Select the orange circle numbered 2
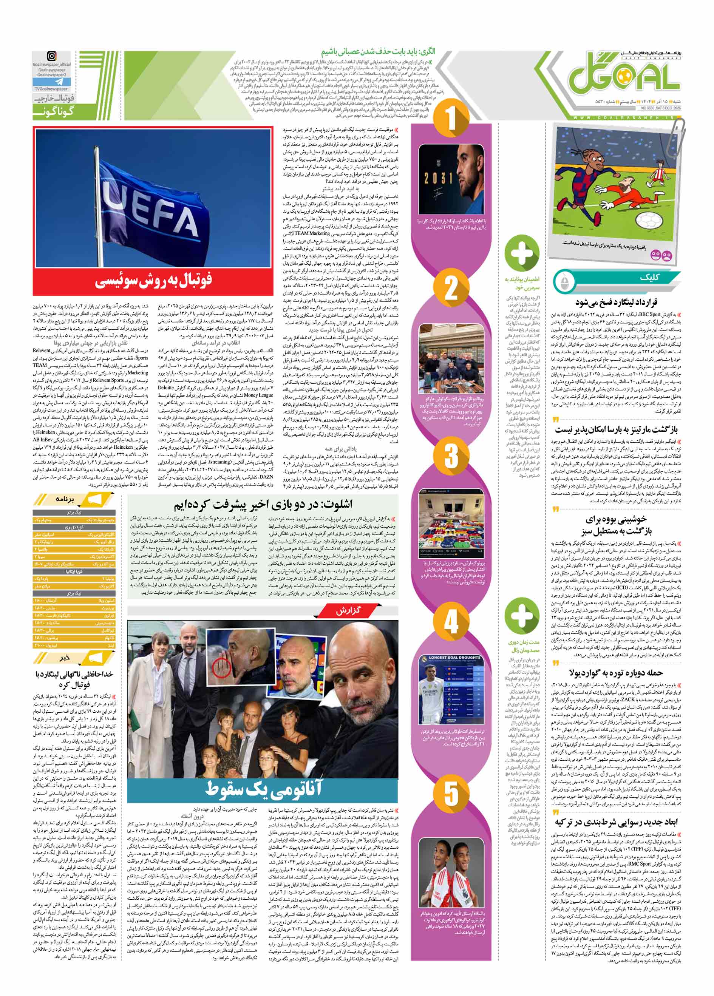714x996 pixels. pyautogui.click(x=451, y=288)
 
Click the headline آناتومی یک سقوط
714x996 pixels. pyautogui.click(x=263, y=788)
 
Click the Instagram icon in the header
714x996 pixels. pyautogui.click(x=52, y=56)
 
